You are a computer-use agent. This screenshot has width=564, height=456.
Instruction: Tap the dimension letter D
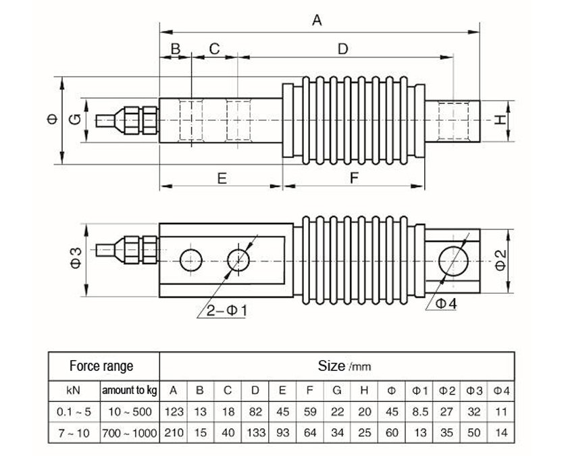coord(342,49)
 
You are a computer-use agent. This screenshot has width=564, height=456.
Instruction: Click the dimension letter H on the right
coord(499,120)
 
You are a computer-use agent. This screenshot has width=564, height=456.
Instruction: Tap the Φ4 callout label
coord(445,304)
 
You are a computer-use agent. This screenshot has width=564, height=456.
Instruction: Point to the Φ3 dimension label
coord(76,259)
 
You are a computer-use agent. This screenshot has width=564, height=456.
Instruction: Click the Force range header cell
coord(102,367)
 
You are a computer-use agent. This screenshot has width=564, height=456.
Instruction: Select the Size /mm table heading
coord(344,367)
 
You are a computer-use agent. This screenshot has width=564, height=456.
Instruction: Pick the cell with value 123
coord(174,411)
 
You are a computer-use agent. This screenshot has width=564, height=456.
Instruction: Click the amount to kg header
coord(129,390)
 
